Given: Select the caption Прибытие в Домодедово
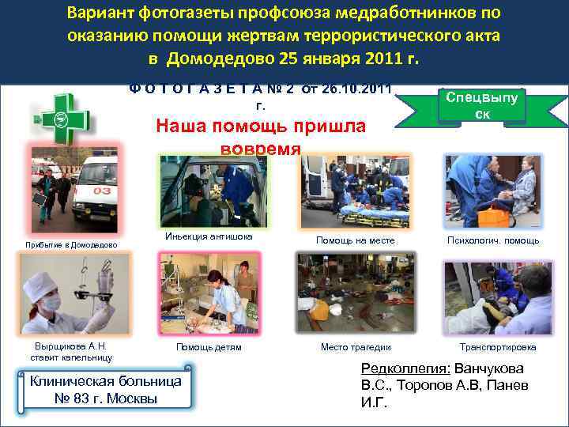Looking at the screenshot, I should coord(70,245).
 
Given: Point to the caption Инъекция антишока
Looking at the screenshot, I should coord(209,236).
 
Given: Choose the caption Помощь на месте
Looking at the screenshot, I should coord(355,240).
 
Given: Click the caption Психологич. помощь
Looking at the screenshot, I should coord(493,240).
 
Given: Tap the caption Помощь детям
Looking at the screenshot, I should coord(209,347).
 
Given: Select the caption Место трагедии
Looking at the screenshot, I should coord(355,347).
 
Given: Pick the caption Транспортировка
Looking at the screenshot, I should coord(498,347).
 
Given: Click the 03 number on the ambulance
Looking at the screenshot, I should coord(103,191).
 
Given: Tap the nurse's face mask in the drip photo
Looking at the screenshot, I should coord(51,303).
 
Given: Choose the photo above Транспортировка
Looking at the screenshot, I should coord(498,298).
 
